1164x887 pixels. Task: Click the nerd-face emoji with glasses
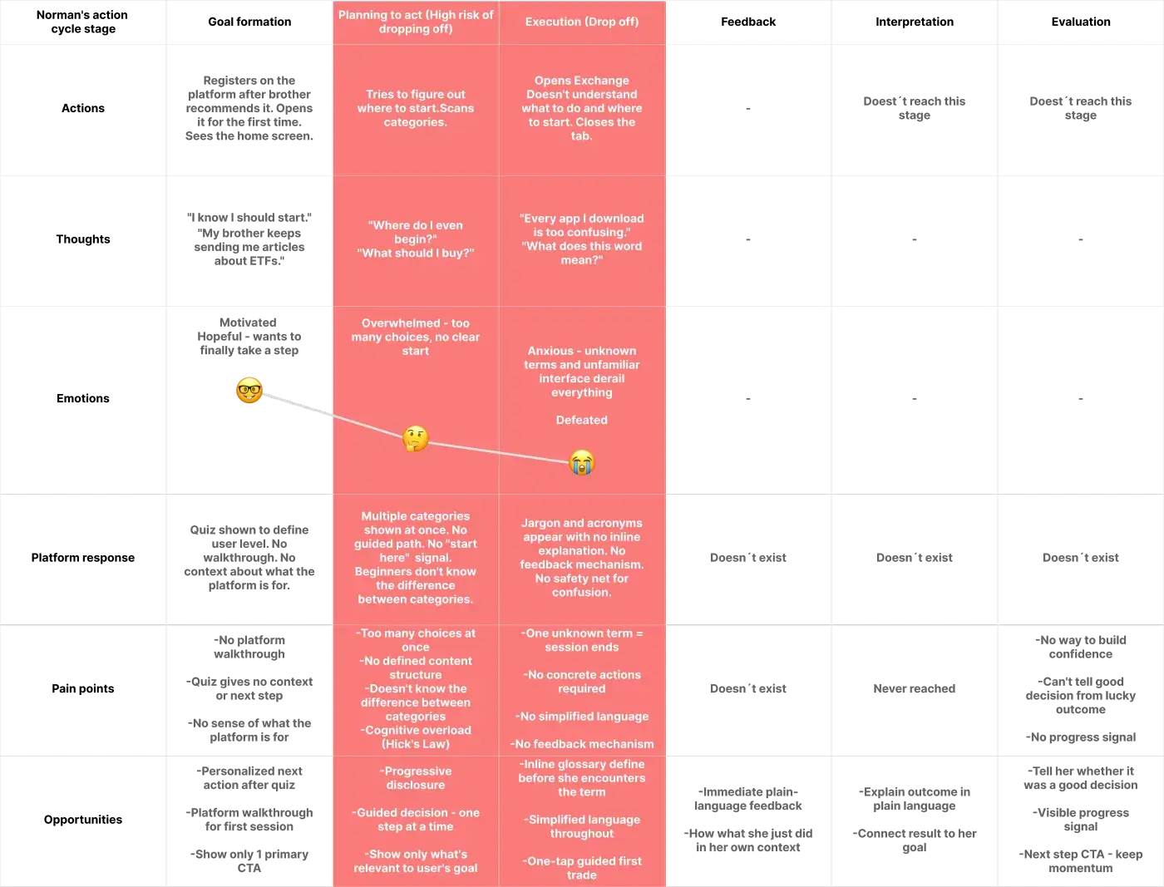pos(249,390)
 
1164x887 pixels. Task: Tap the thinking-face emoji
pos(415,438)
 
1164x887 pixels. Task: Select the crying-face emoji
pos(582,462)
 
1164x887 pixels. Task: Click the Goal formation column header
pos(249,22)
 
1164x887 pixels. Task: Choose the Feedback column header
pos(748,22)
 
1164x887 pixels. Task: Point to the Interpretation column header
pos(915,22)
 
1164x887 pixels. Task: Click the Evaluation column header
pos(1081,22)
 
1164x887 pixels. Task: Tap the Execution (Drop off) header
pos(582,22)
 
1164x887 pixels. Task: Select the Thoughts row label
pos(83,239)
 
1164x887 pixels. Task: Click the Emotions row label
pos(83,398)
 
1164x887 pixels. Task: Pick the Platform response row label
pos(83,557)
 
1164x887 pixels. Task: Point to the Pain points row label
pos(83,688)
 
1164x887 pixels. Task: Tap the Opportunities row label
pos(83,819)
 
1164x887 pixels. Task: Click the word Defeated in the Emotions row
pos(582,420)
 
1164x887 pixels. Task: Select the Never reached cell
pos(915,688)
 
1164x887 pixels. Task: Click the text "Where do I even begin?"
pos(415,232)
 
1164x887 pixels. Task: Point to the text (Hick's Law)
pos(415,744)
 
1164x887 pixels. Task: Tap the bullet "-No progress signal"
pos(1081,737)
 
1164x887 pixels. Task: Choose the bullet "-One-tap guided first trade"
pos(582,868)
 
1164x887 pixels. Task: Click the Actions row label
pos(83,108)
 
